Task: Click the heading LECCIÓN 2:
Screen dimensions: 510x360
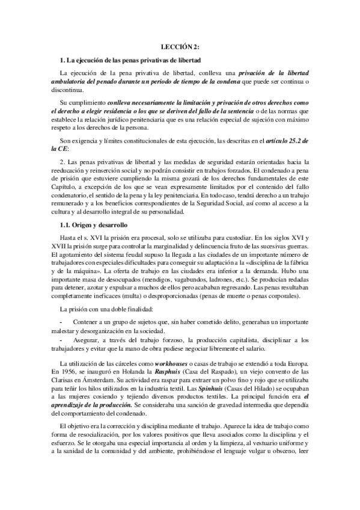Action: click(x=180, y=46)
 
